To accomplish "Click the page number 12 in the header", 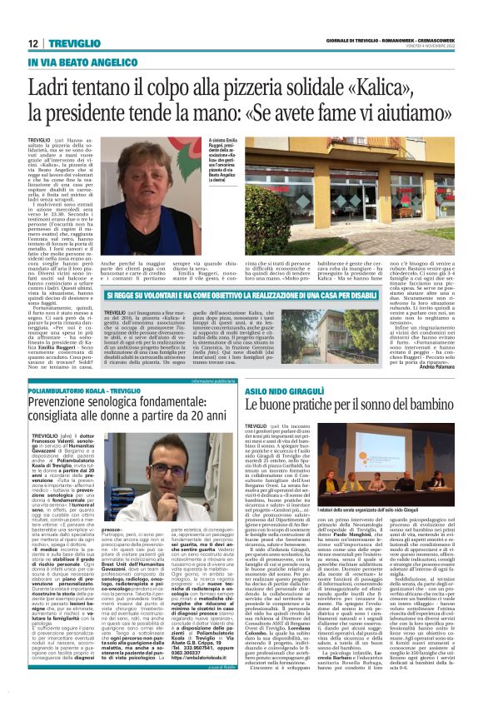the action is coord(32,44).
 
